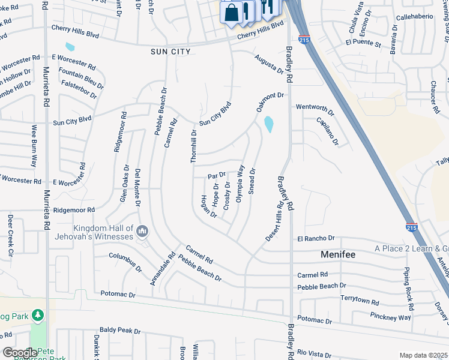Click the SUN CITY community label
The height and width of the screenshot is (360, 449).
pyautogui.click(x=170, y=52)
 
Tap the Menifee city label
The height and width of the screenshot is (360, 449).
pyautogui.click(x=337, y=254)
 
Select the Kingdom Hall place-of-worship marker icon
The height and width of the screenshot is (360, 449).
pyautogui.click(x=142, y=231)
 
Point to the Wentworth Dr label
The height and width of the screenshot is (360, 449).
pyautogui.click(x=314, y=109)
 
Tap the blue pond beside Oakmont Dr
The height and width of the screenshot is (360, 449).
pyautogui.click(x=268, y=124)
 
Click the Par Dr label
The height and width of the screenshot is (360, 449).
pyautogui.click(x=216, y=176)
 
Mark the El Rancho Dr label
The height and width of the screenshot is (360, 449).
pyautogui.click(x=315, y=239)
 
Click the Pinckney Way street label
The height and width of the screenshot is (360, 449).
pyautogui.click(x=391, y=316)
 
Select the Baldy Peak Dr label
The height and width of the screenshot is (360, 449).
pyautogui.click(x=120, y=331)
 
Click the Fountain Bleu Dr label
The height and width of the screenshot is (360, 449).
pyautogui.click(x=81, y=76)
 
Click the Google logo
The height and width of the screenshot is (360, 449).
pyautogui.click(x=20, y=353)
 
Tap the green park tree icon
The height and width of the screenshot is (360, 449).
pyautogui.click(x=38, y=314)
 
